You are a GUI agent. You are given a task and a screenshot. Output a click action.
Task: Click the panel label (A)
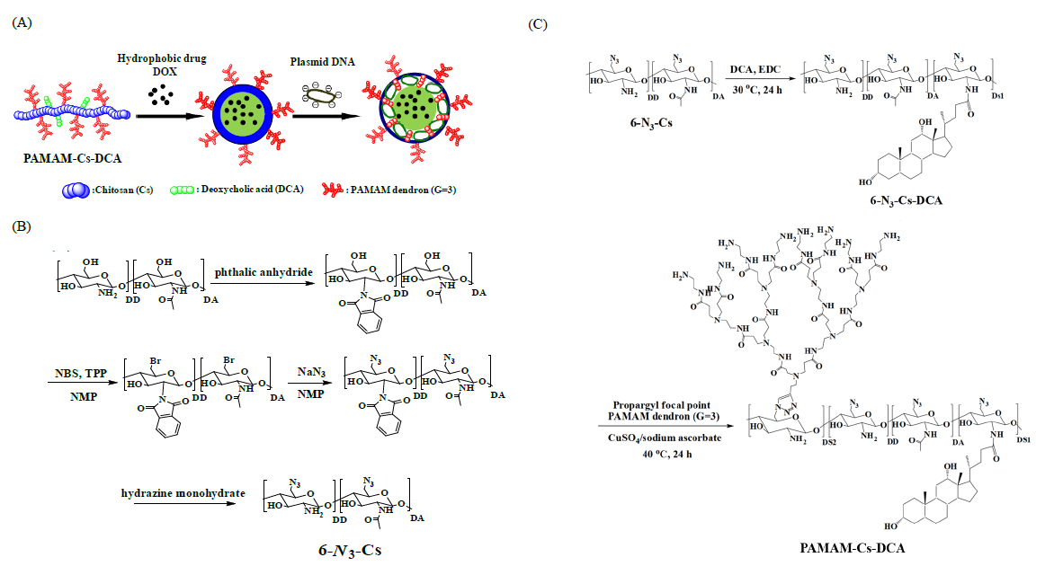(21, 23)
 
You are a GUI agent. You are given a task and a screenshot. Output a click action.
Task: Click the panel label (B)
(21, 225)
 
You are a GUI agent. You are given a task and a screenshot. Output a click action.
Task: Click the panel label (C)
(539, 23)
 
